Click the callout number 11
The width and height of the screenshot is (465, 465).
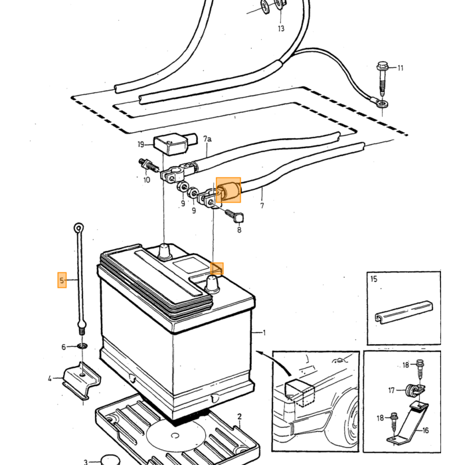401,68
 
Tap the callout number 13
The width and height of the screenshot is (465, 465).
281,29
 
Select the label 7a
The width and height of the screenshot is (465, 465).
207,139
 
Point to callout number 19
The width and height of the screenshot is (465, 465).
141,144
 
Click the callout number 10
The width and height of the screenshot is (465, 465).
147,180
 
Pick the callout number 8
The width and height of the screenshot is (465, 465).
239,230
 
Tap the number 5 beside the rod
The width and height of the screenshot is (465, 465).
62,280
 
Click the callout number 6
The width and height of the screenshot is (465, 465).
64,347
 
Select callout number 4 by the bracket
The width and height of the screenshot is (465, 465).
50,379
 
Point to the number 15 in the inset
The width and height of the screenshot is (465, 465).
374,279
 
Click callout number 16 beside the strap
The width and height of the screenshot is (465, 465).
425,430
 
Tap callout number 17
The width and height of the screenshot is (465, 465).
391,391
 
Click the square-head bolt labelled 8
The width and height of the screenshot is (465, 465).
235,216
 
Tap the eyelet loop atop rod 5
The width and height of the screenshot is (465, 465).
78,228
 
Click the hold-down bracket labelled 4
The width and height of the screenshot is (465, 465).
82,381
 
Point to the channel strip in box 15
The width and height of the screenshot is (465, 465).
404,312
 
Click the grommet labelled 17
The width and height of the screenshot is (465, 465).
413,390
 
